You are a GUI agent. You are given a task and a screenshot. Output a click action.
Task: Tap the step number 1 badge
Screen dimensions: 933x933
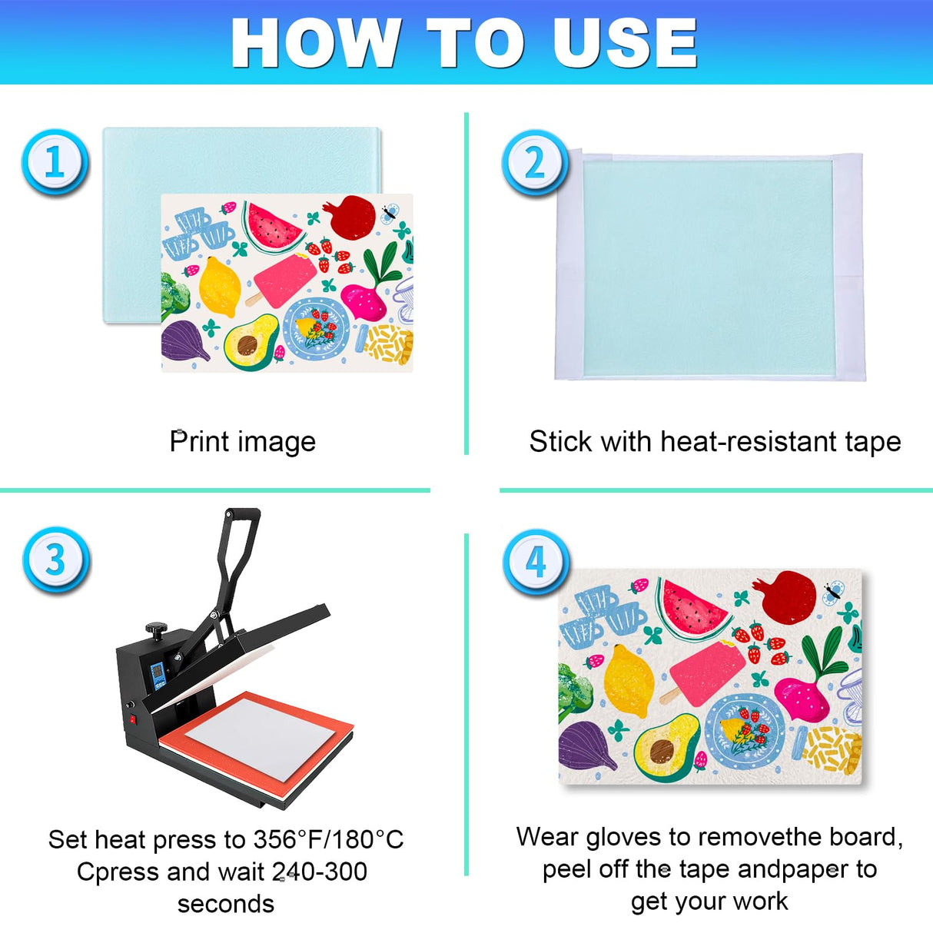point(55,162)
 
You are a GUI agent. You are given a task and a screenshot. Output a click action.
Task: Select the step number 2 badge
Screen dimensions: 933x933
point(535,162)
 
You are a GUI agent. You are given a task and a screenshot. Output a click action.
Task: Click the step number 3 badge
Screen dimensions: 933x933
point(55,559)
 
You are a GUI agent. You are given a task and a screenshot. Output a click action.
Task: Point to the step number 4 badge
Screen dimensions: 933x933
point(536,562)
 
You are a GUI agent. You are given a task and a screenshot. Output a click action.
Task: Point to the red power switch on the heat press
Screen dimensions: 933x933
point(132,720)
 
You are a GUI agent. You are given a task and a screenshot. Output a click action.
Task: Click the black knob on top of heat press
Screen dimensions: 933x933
point(158,629)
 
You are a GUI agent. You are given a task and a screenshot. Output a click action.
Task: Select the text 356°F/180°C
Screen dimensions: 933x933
point(328,839)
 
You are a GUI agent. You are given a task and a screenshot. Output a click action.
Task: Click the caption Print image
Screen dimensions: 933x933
point(242,442)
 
